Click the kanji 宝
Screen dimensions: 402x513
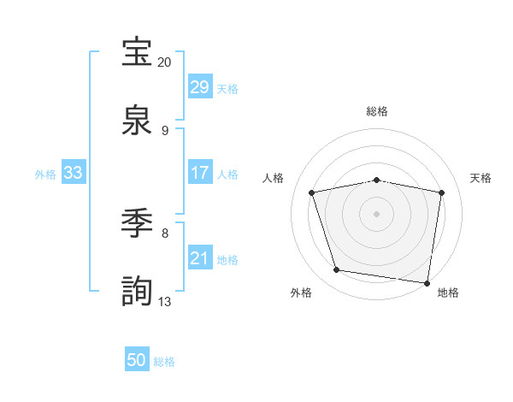click(138, 52)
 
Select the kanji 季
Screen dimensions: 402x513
click(138, 223)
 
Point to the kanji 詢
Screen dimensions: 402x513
click(138, 292)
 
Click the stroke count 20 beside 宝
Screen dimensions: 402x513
click(165, 62)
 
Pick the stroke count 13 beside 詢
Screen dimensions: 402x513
click(165, 301)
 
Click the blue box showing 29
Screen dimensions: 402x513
click(200, 86)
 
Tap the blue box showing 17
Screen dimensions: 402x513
click(200, 173)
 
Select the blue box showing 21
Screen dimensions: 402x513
click(200, 258)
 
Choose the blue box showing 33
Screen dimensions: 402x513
click(74, 173)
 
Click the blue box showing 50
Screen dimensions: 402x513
click(137, 360)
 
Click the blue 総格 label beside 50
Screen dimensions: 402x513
click(164, 362)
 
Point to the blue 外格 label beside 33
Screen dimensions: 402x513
click(45, 174)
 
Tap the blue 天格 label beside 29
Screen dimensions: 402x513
click(227, 88)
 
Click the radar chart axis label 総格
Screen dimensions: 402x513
click(377, 111)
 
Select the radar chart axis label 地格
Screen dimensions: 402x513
click(448, 293)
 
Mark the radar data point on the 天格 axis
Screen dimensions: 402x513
click(441, 192)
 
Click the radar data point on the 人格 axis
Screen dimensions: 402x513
click(312, 192)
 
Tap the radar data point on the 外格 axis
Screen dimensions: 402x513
click(337, 270)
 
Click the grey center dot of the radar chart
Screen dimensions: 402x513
click(377, 214)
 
